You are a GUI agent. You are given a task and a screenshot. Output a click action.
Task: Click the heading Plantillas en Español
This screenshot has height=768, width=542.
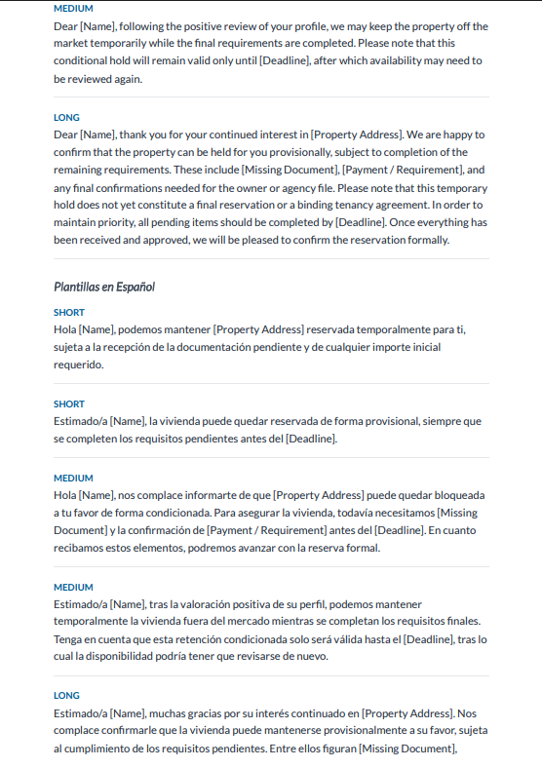(x=104, y=287)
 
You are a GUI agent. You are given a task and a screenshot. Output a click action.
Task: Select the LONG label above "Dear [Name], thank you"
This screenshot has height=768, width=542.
(x=66, y=117)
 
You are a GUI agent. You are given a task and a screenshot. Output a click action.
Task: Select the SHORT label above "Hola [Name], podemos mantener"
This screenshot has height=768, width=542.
(x=68, y=312)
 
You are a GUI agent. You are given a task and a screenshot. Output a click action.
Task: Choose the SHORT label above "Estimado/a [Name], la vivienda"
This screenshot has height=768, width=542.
(x=68, y=403)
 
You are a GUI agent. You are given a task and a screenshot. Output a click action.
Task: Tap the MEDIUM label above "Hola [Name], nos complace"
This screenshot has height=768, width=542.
(x=73, y=478)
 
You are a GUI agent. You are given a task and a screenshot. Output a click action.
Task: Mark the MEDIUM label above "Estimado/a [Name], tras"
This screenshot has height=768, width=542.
(x=73, y=587)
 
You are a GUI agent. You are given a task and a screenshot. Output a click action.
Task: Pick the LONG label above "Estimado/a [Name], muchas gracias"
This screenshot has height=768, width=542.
(x=66, y=696)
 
